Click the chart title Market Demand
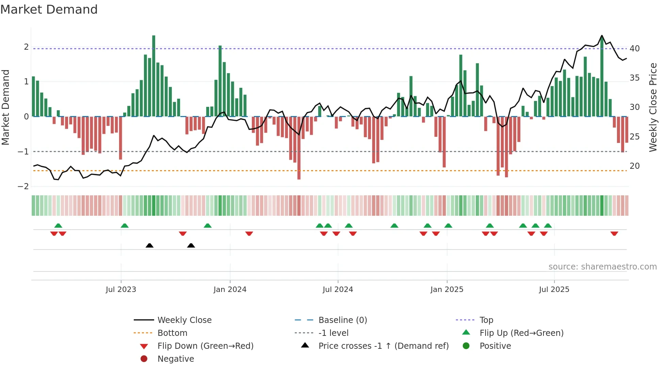pyautogui.click(x=49, y=10)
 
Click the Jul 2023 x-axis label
pyautogui.click(x=121, y=290)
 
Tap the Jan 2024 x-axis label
pyautogui.click(x=230, y=290)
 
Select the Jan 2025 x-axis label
pyautogui.click(x=446, y=290)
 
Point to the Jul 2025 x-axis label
pyautogui.click(x=554, y=290)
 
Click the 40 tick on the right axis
pyautogui.click(x=635, y=49)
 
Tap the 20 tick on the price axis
pyautogui.click(x=635, y=166)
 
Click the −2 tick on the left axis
pyautogui.click(x=23, y=186)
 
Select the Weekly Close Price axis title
pyautogui.click(x=653, y=107)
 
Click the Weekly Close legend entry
pyautogui.click(x=184, y=320)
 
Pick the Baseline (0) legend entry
pyautogui.click(x=342, y=320)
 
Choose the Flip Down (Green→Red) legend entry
pyautogui.click(x=205, y=346)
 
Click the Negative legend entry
pyautogui.click(x=176, y=359)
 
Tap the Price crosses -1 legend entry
pyautogui.click(x=383, y=346)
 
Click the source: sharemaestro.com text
pyautogui.click(x=602, y=267)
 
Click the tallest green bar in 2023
pyautogui.click(x=154, y=76)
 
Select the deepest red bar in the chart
pyautogui.click(x=299, y=148)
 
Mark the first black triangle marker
pyautogui.click(x=149, y=245)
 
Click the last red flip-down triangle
pyautogui.click(x=614, y=233)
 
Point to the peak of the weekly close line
pyautogui.click(x=602, y=36)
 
